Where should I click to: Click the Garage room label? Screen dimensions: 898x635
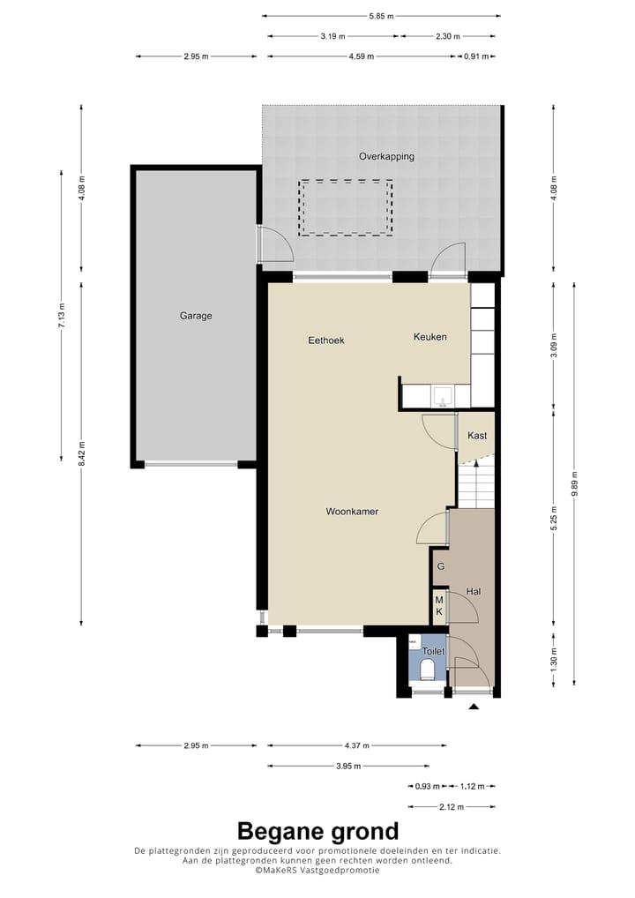point(196,316)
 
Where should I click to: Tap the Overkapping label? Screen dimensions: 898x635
point(386,157)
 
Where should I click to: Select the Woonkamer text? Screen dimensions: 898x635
point(352,512)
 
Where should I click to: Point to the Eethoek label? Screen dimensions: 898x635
point(325,340)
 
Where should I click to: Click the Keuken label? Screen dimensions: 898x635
point(430,337)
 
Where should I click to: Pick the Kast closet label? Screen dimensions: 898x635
point(477,436)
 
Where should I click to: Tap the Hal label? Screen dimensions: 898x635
point(474,592)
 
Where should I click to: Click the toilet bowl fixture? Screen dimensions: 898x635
point(428,670)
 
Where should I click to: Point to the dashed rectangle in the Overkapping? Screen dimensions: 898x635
point(346,207)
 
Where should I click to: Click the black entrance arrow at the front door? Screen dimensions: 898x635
point(474,707)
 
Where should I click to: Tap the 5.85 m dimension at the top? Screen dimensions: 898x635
point(381,16)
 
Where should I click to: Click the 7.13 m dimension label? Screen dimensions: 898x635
point(61,315)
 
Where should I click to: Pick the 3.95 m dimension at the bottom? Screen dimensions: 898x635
point(348,767)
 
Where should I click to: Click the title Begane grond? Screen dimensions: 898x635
point(317,831)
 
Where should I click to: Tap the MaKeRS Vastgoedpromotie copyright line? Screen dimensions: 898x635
point(317,870)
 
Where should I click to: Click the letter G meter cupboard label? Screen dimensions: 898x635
point(440,566)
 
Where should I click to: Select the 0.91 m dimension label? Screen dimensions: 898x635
point(474,56)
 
